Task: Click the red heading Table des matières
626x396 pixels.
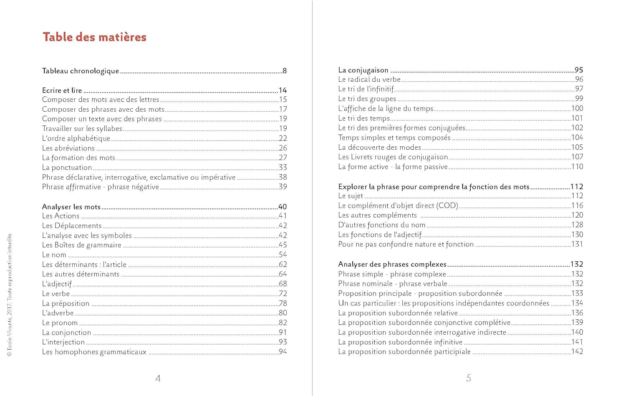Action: (94, 37)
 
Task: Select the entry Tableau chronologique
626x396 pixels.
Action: (81, 71)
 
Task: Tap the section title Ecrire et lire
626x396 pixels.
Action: (62, 90)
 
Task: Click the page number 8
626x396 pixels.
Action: (284, 71)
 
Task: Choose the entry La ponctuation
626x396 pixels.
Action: (67, 168)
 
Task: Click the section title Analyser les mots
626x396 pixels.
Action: (71, 207)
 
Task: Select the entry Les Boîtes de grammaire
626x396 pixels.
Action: (81, 245)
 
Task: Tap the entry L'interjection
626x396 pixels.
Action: (63, 342)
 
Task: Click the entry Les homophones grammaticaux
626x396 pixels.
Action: (94, 352)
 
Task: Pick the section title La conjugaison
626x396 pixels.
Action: (363, 70)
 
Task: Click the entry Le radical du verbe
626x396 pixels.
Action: (369, 80)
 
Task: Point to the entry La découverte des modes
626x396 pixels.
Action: (379, 147)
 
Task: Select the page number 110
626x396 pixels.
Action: (577, 167)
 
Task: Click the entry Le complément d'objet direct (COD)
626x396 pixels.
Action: (398, 206)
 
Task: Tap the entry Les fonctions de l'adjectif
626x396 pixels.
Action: (380, 235)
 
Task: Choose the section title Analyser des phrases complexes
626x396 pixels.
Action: (392, 264)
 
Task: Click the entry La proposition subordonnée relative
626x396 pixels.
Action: (398, 313)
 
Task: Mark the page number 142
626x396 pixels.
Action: (577, 351)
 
